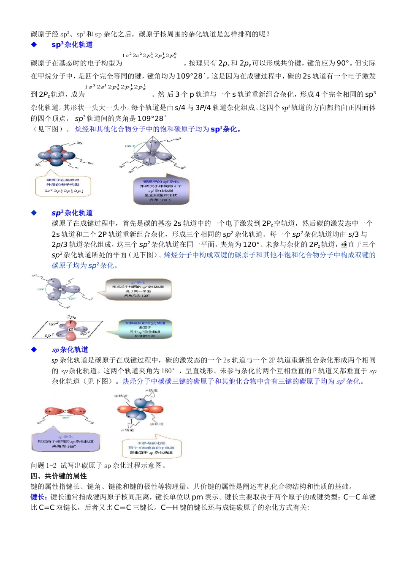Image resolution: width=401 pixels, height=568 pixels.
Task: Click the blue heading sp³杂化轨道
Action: click(72, 45)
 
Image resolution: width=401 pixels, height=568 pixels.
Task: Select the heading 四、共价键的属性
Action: click(59, 476)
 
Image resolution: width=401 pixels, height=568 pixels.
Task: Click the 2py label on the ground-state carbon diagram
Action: click(79, 143)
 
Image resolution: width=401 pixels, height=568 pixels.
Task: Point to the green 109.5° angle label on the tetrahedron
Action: click(129, 146)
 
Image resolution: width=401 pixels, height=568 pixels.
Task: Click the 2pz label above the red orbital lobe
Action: click(71, 317)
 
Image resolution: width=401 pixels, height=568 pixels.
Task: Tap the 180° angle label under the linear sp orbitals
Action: click(66, 418)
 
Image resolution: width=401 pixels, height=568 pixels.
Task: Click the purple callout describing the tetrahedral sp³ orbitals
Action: click(161, 191)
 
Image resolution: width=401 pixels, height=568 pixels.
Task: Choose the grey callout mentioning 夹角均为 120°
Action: click(138, 289)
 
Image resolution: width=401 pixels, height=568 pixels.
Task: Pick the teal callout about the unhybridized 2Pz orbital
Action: click(145, 329)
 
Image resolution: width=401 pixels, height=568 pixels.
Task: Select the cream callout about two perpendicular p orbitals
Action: click(151, 448)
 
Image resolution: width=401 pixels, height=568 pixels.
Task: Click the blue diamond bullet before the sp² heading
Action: click(34, 213)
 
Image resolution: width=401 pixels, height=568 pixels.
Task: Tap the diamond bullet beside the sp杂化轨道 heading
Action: click(34, 350)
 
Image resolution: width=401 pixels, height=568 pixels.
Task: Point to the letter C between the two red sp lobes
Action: click(65, 411)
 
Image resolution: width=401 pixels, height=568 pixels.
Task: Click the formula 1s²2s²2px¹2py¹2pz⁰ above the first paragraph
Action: click(149, 55)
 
